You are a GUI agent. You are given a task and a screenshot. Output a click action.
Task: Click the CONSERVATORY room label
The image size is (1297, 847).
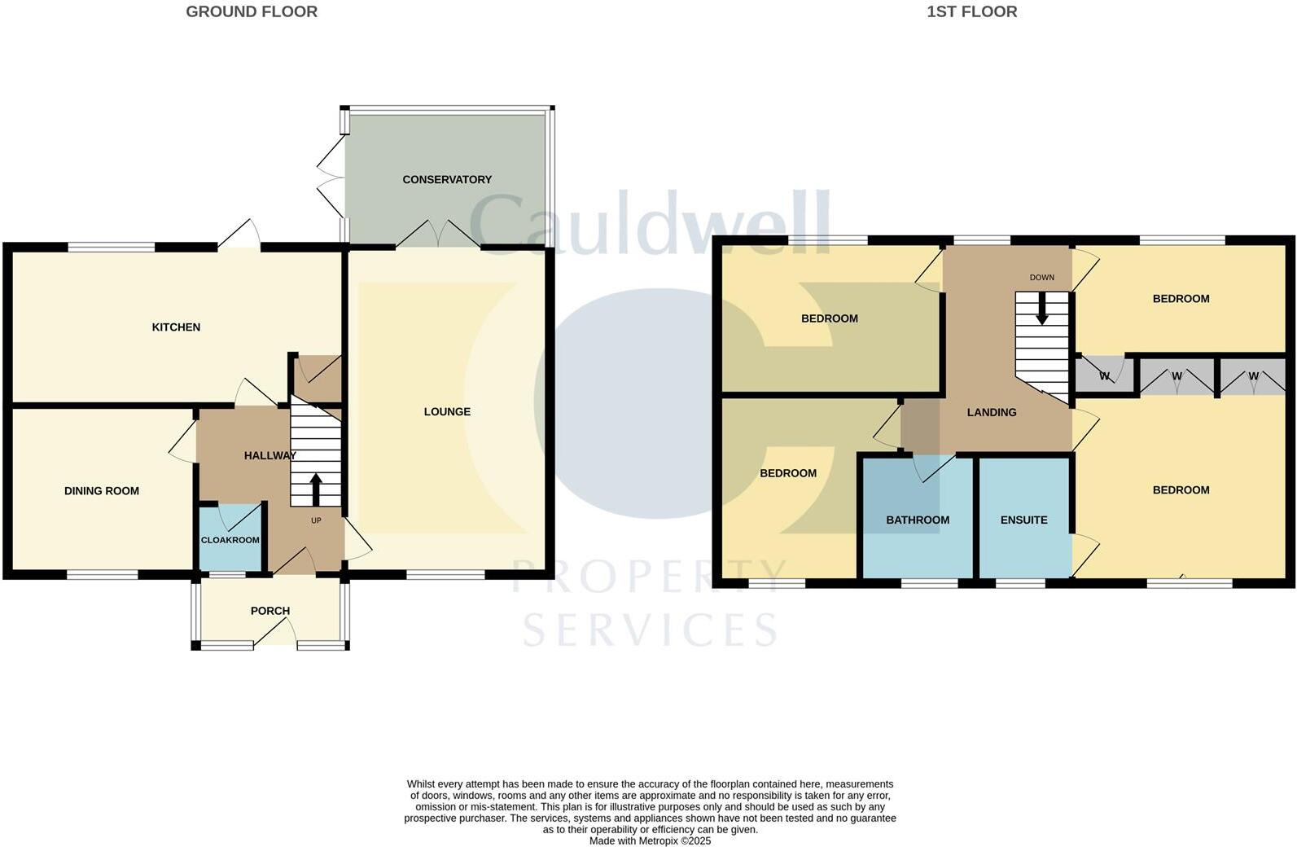[x=447, y=179]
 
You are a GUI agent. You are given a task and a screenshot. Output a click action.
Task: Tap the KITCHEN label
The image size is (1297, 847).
[x=176, y=327]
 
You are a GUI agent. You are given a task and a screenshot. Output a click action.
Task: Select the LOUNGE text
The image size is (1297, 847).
[x=447, y=412]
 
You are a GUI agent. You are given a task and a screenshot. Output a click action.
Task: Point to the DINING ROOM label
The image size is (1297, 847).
[x=102, y=491]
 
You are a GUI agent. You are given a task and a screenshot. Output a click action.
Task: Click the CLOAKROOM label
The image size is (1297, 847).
[x=230, y=540]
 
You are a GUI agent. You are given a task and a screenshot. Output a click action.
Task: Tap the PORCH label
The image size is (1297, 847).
[x=270, y=611]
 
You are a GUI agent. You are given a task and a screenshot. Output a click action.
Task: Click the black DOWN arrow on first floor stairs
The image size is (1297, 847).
[x=1041, y=309]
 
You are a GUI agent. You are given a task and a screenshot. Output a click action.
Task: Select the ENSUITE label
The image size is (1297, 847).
[x=1023, y=520]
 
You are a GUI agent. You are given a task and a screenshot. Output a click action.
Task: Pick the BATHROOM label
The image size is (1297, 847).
[x=918, y=520]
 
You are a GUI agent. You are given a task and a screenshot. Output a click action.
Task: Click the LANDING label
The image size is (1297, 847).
[x=991, y=413]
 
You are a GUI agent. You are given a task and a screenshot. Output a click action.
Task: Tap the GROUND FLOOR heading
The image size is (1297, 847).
[x=252, y=11]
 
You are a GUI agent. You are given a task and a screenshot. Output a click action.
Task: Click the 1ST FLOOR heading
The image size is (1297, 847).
[x=971, y=11]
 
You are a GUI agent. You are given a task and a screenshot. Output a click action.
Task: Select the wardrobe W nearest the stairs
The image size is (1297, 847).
[x=1104, y=376]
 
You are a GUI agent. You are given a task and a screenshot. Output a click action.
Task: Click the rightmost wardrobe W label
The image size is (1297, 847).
[x=1253, y=376]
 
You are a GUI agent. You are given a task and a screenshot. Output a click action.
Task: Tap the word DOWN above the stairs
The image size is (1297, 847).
[x=1041, y=278]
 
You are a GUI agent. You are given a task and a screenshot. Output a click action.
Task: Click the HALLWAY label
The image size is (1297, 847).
[x=269, y=456]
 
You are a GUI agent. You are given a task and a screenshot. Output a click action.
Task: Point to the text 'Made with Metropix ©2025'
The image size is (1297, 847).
[x=650, y=840]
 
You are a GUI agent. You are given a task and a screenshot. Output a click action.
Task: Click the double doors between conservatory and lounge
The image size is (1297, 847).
[x=438, y=235]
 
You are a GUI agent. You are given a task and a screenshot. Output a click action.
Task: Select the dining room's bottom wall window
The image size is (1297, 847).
[x=103, y=575]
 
